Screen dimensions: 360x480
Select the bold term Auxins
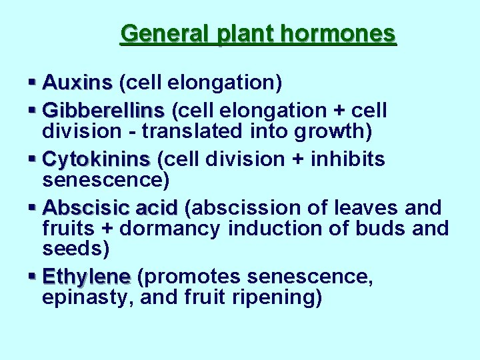[77, 83]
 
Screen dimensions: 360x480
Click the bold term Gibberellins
[103, 110]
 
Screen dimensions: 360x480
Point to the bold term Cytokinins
[96, 159]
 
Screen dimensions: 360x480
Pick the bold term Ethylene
[86, 276]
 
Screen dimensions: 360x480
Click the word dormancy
[179, 229]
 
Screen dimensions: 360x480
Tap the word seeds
[74, 249]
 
